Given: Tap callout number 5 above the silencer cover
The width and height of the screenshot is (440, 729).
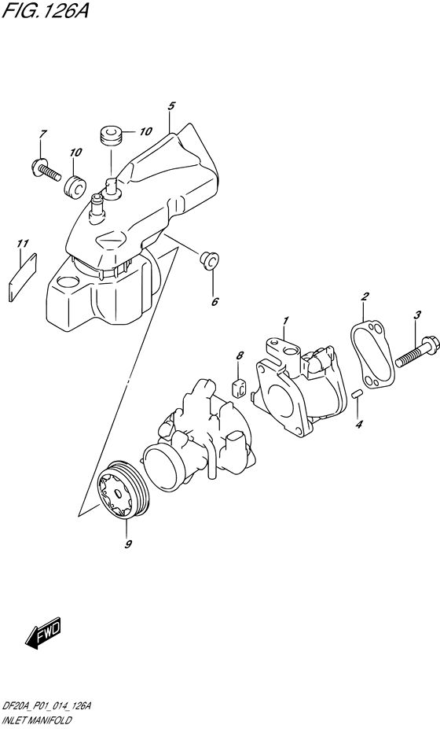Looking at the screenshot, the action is [171, 106].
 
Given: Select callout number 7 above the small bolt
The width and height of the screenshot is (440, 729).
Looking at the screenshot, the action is [42, 134].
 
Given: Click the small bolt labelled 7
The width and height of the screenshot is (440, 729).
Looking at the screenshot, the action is [46, 170].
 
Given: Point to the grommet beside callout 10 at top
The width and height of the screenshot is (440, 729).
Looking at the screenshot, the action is [111, 133].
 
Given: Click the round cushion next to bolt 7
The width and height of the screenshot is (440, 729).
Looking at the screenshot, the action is [75, 186].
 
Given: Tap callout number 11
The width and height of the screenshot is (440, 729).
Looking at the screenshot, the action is [22, 244].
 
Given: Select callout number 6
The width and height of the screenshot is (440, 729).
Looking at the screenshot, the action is [214, 301].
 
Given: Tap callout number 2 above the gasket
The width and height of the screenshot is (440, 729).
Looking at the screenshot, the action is [365, 296].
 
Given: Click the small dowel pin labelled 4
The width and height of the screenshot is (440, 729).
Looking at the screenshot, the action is [357, 395].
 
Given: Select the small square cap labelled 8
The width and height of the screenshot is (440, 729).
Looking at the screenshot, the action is [239, 387].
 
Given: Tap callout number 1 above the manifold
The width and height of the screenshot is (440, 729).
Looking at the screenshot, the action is [286, 320].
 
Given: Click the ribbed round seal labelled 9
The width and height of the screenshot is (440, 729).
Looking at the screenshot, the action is [123, 490].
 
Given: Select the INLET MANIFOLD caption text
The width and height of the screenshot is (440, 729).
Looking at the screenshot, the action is [36, 721].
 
